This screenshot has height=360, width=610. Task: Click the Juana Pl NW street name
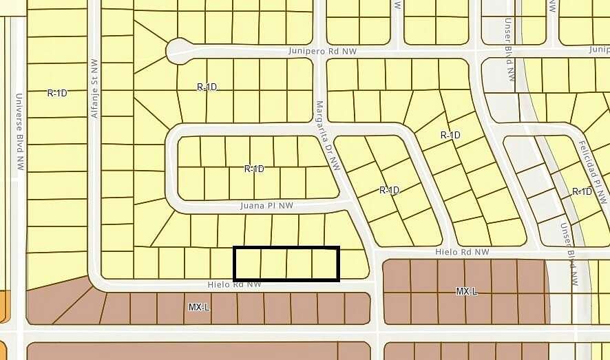[266, 205]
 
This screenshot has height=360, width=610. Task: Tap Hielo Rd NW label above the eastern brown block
[462, 253]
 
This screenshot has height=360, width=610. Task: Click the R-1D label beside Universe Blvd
[57, 92]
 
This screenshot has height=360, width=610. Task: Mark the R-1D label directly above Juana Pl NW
[254, 168]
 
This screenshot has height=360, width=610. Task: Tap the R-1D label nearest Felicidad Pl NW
[582, 191]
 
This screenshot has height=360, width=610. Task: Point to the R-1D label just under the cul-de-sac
[207, 87]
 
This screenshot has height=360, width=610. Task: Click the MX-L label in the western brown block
[198, 306]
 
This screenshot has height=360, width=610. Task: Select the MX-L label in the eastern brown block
[466, 292]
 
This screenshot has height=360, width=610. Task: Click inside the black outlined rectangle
[286, 264]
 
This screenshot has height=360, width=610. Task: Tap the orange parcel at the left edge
[6, 306]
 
